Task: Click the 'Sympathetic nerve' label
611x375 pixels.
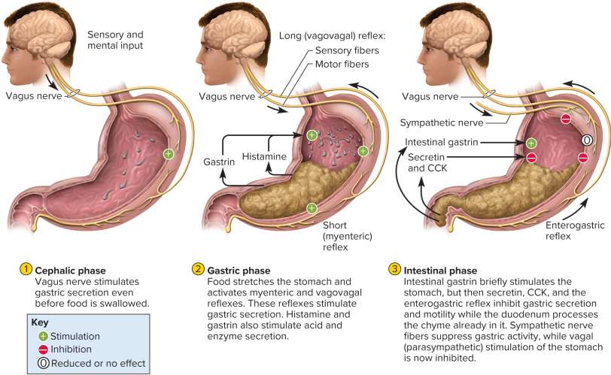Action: coord(442,122)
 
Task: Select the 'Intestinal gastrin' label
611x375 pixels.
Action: coord(439,141)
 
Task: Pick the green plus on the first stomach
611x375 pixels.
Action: coord(168,154)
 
